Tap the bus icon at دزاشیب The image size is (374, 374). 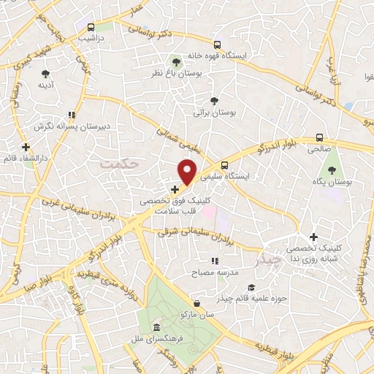tap(91, 26)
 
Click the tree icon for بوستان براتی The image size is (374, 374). tap(214, 102)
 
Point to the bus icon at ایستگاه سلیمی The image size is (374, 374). tap(224, 165)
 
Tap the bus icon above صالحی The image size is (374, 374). tap(319, 137)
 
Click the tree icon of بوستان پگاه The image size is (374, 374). tap(332, 170)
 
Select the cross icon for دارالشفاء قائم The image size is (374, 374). tap(26, 147)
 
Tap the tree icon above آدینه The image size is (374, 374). tap(45, 74)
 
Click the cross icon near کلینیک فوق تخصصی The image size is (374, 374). tap(175, 189)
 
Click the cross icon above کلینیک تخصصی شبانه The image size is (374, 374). tap(313, 237)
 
